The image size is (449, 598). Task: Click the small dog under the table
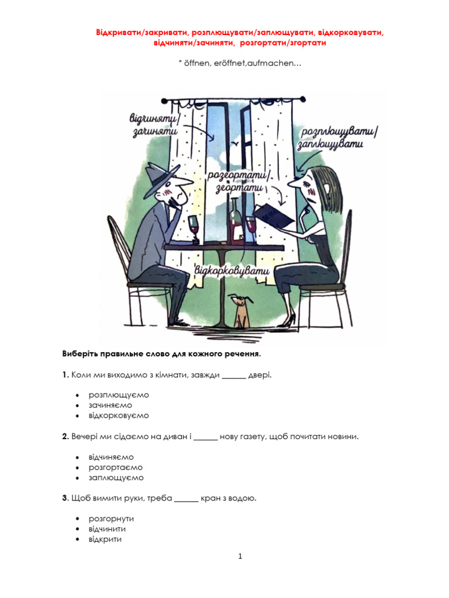click(241, 311)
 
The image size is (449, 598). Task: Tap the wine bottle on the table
click(236, 221)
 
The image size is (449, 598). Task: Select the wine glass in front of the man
click(195, 228)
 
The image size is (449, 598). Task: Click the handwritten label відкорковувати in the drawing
click(232, 272)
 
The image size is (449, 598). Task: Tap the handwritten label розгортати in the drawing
click(238, 176)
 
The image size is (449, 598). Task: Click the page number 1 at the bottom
click(240, 557)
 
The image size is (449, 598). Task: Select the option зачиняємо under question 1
click(110, 405)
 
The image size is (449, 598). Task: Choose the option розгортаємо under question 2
click(116, 467)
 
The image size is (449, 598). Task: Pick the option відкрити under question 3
click(105, 539)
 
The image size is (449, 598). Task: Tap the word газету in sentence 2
click(249, 437)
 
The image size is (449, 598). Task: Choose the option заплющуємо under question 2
click(116, 478)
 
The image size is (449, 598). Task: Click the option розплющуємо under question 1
click(119, 394)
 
